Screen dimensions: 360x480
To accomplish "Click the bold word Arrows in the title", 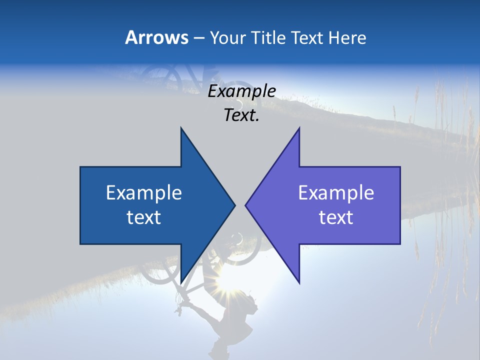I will (x=157, y=37).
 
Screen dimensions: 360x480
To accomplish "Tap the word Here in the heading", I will (x=347, y=37).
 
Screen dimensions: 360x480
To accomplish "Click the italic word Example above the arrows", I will (x=242, y=91).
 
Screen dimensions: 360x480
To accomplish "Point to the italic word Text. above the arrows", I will (x=242, y=115).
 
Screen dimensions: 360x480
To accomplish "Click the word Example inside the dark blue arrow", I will (x=144, y=192).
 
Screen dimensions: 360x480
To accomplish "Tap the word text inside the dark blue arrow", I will (x=144, y=217).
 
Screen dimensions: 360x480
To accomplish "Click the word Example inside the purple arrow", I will (x=336, y=192).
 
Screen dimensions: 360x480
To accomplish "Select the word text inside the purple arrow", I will (x=336, y=217).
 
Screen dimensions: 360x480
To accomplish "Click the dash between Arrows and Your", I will (x=198, y=38).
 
